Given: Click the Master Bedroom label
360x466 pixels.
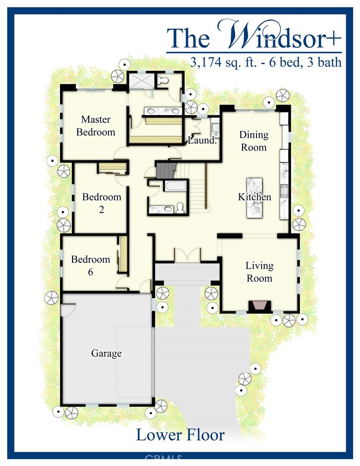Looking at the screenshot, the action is pos(96,126).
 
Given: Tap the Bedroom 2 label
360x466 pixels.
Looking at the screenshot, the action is pos(102,203).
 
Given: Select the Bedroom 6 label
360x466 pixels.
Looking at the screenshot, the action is pos(91,265).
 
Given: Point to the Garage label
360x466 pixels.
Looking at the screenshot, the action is pos(106,353).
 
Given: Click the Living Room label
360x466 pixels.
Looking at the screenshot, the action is pos(259,272).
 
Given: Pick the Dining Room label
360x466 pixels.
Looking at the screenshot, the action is pos(254,141).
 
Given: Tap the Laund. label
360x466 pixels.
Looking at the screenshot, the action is pos(202,140).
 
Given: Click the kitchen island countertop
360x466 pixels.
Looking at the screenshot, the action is pos(254,198).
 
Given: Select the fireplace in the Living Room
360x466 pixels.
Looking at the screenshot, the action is pos(260,307).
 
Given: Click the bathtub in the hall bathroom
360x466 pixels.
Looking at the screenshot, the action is pos(175,186).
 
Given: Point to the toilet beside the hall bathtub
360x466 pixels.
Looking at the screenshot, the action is pos(180,208).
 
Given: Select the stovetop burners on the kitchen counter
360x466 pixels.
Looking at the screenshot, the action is pos(284,190).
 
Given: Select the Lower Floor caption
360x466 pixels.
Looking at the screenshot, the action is pos(180,435).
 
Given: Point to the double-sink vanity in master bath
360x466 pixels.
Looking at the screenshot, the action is pos(163,111).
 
